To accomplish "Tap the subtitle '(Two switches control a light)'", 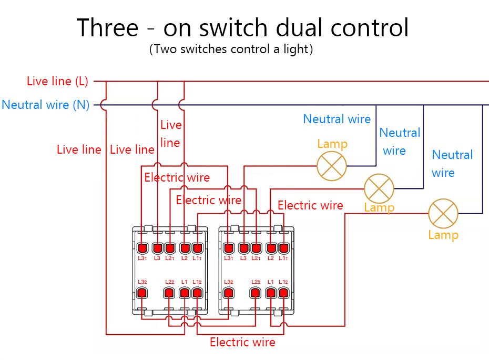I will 231,49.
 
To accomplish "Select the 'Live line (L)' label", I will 57,81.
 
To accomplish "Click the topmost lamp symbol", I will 332,166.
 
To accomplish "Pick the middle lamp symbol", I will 379,188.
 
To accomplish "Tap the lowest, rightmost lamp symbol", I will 443,214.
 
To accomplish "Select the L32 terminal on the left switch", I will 142,293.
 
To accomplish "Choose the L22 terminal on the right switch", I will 256,293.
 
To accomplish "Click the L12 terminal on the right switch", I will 284,293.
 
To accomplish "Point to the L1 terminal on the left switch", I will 185,293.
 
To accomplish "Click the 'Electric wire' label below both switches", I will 242,342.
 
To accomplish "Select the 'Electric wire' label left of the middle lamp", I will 310,205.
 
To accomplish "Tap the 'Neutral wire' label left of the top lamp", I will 337,119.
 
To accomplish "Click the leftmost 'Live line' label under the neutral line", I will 79,149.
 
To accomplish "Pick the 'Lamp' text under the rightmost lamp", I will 443,235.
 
